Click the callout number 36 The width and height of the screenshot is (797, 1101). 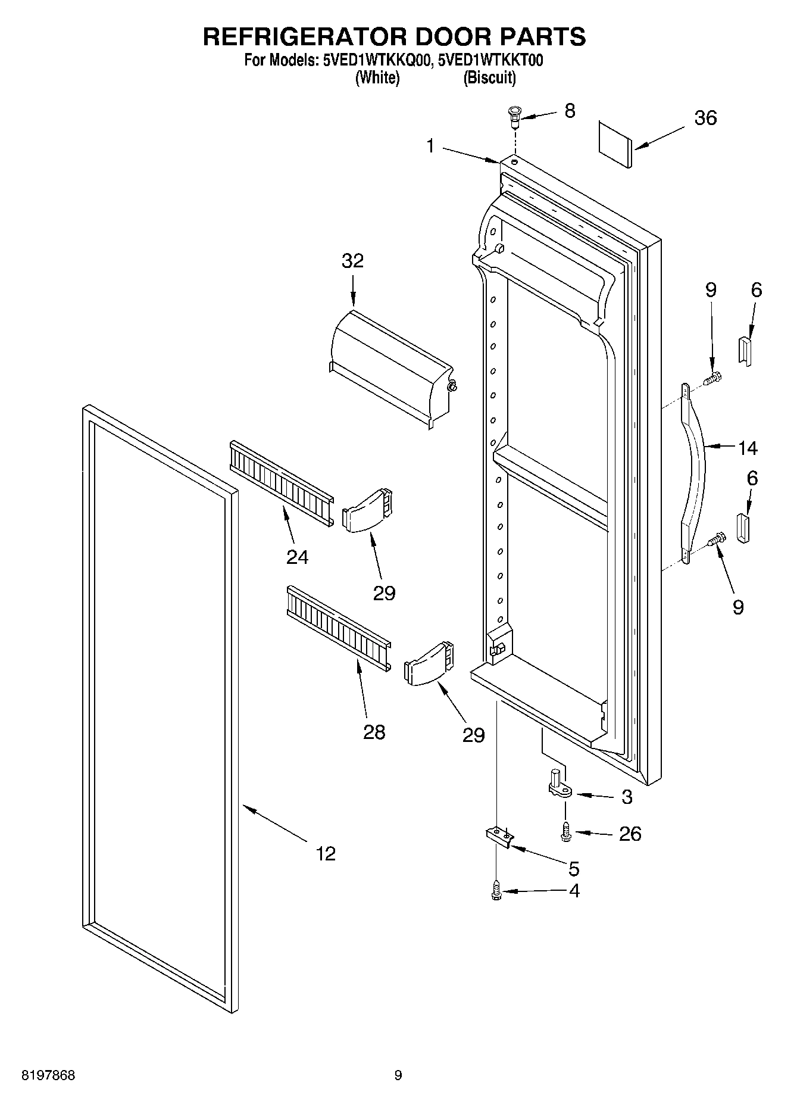click(x=705, y=118)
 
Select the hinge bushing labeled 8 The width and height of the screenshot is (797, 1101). click(x=513, y=117)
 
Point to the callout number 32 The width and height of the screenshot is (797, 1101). click(x=352, y=261)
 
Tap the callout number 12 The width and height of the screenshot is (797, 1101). click(x=326, y=853)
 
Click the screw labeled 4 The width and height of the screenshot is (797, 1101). click(x=495, y=891)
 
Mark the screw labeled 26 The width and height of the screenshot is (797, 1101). click(x=565, y=832)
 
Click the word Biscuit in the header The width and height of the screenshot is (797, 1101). click(x=490, y=78)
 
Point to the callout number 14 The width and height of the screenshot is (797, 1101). click(x=747, y=447)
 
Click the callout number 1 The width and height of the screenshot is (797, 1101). click(x=431, y=145)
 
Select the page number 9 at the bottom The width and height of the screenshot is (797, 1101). click(x=398, y=1075)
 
